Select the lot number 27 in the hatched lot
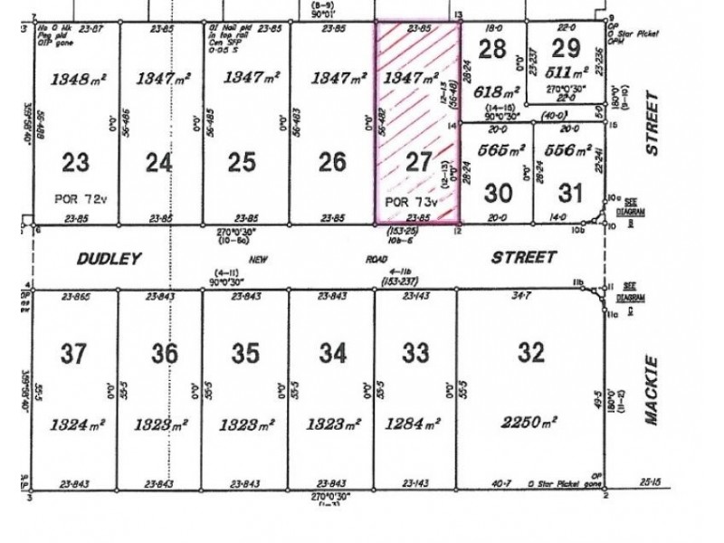click(418, 163)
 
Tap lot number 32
click(529, 351)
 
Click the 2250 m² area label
click(529, 422)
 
